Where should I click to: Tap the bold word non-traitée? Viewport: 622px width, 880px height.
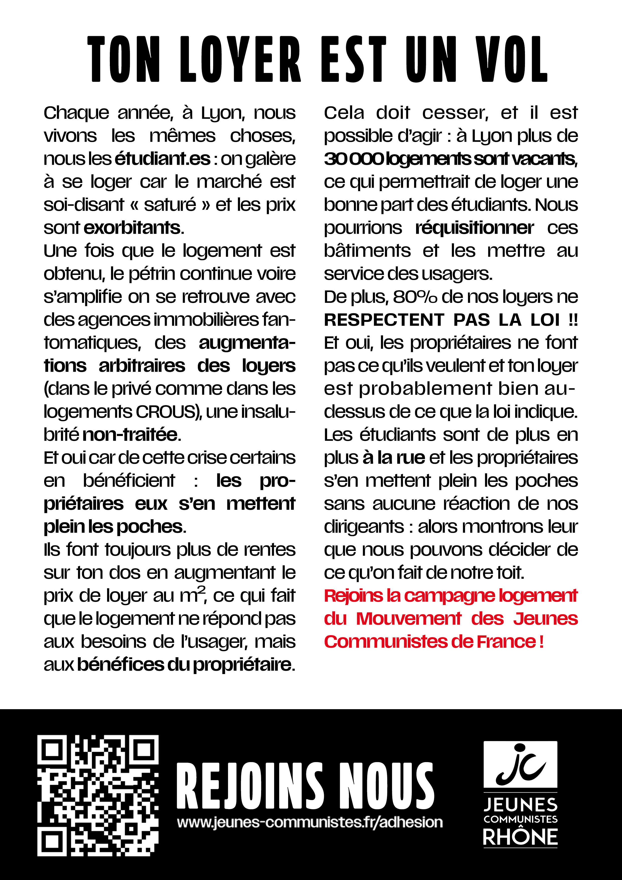pyautogui.click(x=130, y=435)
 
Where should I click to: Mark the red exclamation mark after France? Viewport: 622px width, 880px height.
pyautogui.click(x=541, y=642)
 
